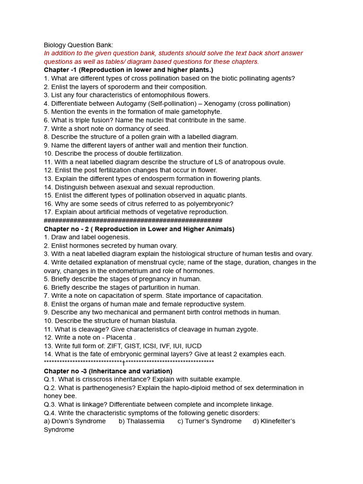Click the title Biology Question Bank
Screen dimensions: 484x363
(x=78, y=45)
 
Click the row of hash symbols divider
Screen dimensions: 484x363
(x=133, y=221)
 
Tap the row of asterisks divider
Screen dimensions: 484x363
(x=129, y=363)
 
